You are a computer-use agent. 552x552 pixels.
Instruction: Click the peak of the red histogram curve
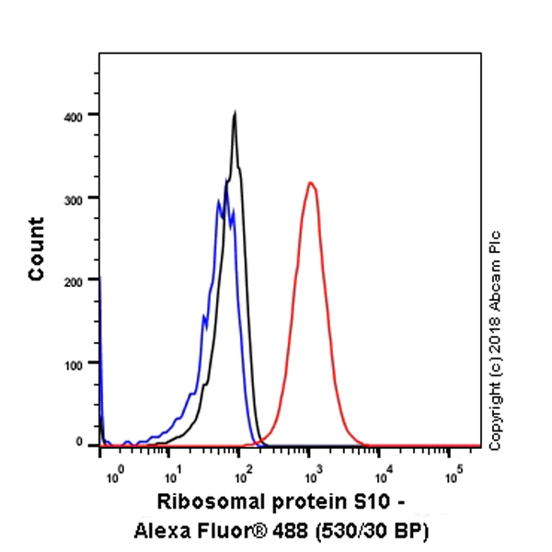click(x=311, y=183)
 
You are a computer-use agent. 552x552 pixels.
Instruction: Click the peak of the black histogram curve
click(x=236, y=113)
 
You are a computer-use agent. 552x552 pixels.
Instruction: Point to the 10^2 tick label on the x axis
click(x=242, y=475)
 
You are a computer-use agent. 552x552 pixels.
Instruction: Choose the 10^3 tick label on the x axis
click(x=312, y=475)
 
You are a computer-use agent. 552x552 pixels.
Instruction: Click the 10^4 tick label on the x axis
click(x=382, y=475)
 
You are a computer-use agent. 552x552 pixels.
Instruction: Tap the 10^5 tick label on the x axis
click(x=452, y=475)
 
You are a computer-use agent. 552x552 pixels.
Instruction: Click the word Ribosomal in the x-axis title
click(x=203, y=502)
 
